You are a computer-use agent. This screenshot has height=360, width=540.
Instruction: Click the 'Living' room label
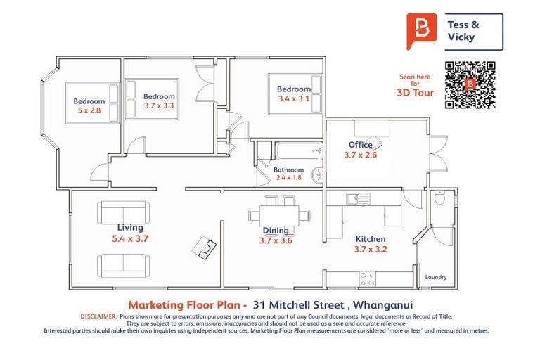pos(130,228)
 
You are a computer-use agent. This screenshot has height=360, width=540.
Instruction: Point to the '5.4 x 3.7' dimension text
pos(130,239)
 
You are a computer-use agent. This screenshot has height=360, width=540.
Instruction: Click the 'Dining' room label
pos(275,230)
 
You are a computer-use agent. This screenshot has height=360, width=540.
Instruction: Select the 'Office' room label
pos(361,145)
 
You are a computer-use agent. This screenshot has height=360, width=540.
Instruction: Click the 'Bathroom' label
pos(288,170)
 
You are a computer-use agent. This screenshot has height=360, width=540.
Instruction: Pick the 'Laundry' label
pos(436,277)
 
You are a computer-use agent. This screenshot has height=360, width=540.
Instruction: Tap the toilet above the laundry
pos(439,199)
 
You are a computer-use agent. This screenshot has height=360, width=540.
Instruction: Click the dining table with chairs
pos(279,212)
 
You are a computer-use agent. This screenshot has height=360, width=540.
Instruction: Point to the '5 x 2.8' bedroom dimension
pos(89,111)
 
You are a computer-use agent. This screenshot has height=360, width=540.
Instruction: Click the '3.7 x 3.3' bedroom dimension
pos(159,106)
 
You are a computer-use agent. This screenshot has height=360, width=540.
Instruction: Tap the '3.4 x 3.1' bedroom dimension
pos(293,99)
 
